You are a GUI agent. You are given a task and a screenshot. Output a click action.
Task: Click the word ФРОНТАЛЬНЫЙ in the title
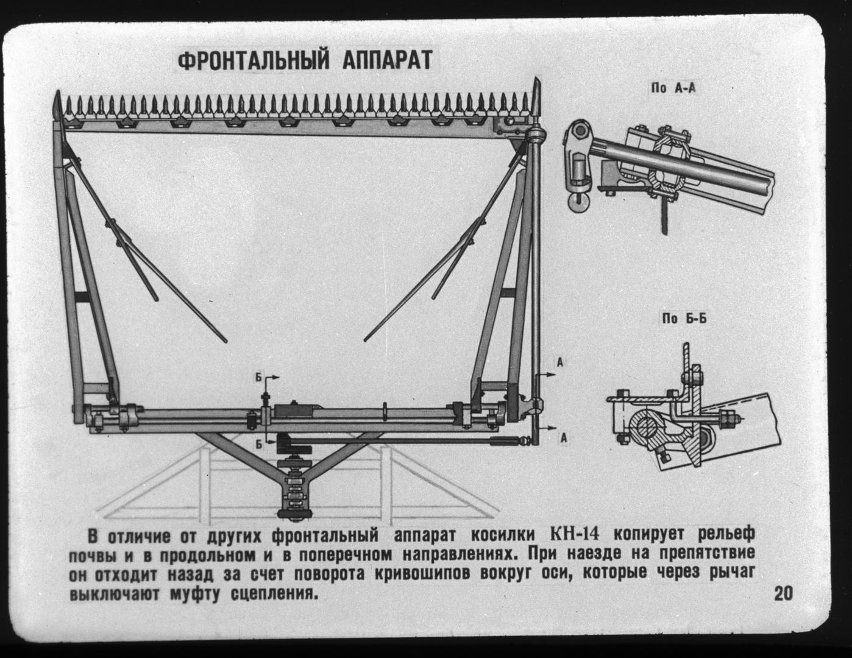pyautogui.click(x=253, y=60)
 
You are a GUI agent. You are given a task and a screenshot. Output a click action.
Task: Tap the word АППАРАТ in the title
pyautogui.click(x=388, y=60)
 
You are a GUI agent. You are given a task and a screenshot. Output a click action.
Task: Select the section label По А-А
pyautogui.click(x=673, y=88)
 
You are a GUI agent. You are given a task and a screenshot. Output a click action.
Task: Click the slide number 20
pyautogui.click(x=783, y=594)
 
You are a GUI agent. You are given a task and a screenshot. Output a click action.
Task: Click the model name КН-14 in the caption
pyautogui.click(x=575, y=534)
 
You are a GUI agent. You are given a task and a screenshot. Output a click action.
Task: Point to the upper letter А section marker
pyautogui.click(x=560, y=363)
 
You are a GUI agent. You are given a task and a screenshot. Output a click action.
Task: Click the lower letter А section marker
pyautogui.click(x=563, y=438)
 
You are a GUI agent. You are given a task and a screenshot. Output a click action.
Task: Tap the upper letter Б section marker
pyautogui.click(x=258, y=378)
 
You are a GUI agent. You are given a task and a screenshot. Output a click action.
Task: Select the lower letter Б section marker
pyautogui.click(x=258, y=444)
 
